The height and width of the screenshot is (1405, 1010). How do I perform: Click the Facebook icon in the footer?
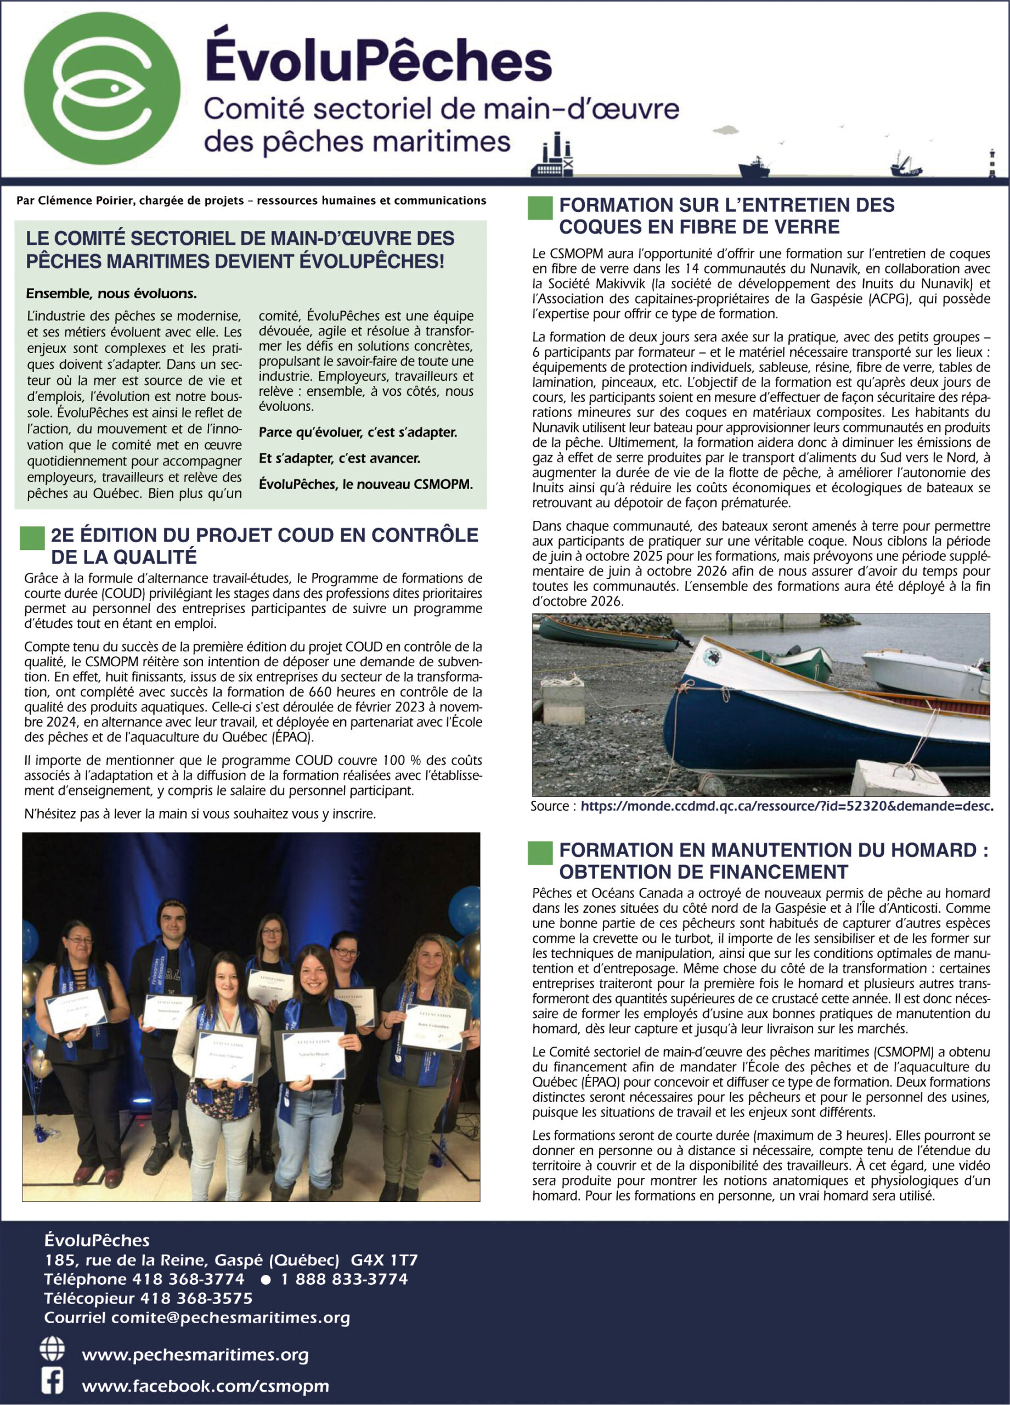(52, 1381)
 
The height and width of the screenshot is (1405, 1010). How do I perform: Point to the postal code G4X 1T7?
(384, 1260)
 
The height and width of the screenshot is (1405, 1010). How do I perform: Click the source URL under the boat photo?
(787, 806)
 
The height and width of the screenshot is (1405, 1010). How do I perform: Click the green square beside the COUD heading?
(32, 538)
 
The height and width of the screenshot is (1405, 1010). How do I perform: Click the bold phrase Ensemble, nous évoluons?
(111, 293)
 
